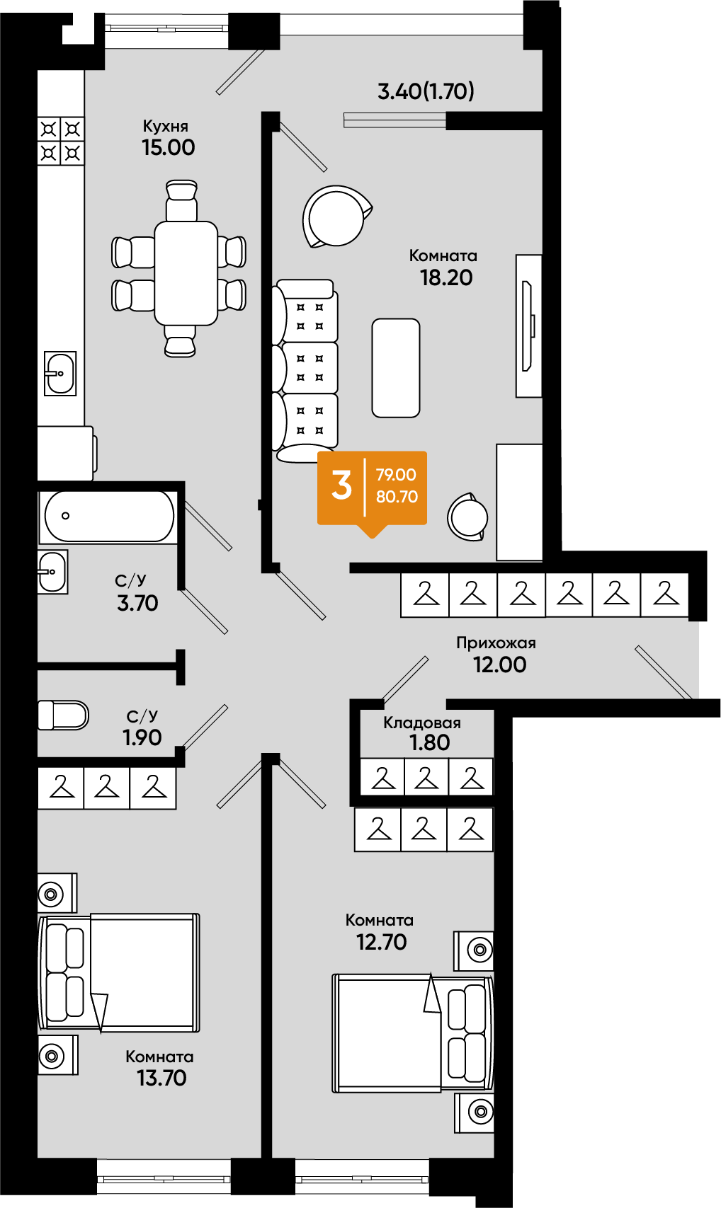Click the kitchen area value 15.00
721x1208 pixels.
pyautogui.click(x=169, y=147)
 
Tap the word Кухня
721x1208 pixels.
pyautogui.click(x=165, y=126)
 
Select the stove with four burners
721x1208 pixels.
pyautogui.click(x=60, y=141)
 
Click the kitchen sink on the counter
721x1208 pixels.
pyautogui.click(x=60, y=373)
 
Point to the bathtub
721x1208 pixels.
pyautogui.click(x=108, y=516)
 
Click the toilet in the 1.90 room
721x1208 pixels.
pyautogui.click(x=63, y=715)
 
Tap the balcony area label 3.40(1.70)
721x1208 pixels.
pyautogui.click(x=426, y=91)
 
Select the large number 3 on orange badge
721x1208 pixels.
pyautogui.click(x=341, y=485)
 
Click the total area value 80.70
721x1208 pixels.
pyautogui.click(x=397, y=497)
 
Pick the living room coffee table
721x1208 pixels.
pyautogui.click(x=396, y=368)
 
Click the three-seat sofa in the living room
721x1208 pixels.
pyautogui.click(x=305, y=371)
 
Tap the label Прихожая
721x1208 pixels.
pyautogui.click(x=496, y=643)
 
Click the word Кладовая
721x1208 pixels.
pyautogui.click(x=422, y=723)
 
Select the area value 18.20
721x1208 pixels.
pyautogui.click(x=446, y=277)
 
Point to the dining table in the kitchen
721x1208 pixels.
pyautogui.click(x=186, y=273)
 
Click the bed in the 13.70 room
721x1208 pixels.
pyautogui.click(x=119, y=972)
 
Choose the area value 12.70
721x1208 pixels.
pyautogui.click(x=381, y=942)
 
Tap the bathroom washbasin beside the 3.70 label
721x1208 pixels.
pyautogui.click(x=52, y=572)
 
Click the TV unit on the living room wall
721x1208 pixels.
pyautogui.click(x=528, y=326)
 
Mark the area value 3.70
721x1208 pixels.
pyautogui.click(x=137, y=603)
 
